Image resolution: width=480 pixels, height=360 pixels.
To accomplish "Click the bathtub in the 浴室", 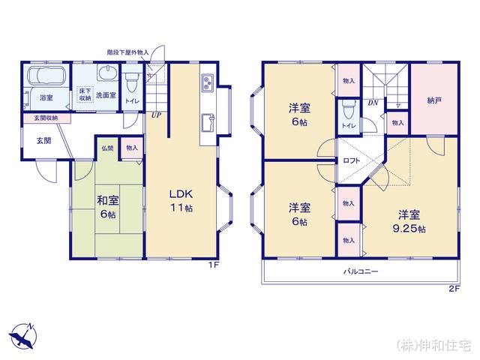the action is point(46,75).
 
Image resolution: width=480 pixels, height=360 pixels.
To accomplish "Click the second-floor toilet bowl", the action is point(349,109).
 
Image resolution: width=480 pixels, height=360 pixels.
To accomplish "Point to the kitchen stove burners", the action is point(208,82).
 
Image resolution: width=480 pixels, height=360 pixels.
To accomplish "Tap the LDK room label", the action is point(181,193).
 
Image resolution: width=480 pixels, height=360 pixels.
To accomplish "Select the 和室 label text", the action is point(108,201).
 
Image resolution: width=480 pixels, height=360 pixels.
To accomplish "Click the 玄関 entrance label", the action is point(43,141).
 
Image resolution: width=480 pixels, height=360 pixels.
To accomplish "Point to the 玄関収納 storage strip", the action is point(46,118).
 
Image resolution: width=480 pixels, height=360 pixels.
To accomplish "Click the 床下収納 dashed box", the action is point(85,94).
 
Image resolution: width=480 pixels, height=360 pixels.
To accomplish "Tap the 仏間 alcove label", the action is point(107,148).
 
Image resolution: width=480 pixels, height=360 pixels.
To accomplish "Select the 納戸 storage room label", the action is point(433,100).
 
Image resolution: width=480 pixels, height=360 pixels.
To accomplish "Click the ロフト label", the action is point(352,160).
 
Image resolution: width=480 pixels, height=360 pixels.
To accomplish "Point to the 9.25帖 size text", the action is point(409,229).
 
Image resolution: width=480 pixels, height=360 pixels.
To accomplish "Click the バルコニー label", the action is point(361,271).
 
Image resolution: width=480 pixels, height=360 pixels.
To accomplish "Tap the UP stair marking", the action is point(156,115).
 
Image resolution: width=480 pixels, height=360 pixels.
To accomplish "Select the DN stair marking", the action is point(373,103).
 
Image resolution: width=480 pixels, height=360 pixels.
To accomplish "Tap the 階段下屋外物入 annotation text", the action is point(128,52).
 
